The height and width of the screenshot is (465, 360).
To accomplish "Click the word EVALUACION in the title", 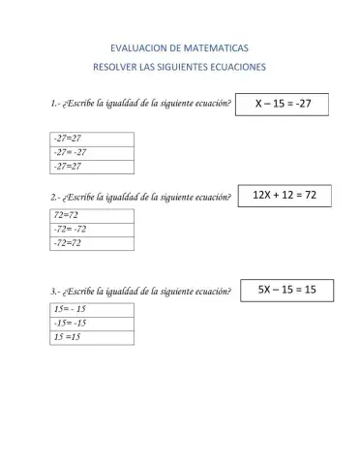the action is point(135,46).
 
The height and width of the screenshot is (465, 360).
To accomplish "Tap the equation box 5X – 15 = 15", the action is point(286,289).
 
